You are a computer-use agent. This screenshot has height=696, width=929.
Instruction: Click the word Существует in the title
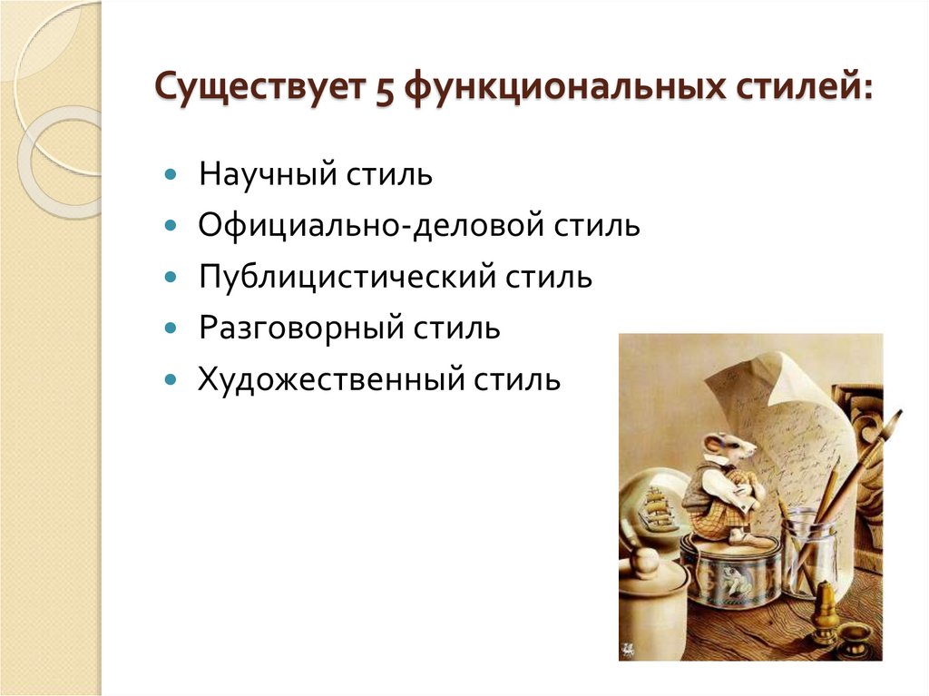click(x=255, y=93)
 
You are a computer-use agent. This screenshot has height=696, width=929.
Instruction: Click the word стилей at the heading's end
click(x=797, y=93)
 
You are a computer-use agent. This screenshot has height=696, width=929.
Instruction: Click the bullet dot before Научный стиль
click(x=171, y=172)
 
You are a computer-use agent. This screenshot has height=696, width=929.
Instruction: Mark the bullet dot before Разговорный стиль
click(x=171, y=327)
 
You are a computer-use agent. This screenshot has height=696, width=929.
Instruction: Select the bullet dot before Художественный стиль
click(x=171, y=377)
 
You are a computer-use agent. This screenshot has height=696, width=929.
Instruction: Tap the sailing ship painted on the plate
click(x=657, y=508)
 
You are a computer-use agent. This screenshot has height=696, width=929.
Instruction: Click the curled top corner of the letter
click(x=780, y=363)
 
